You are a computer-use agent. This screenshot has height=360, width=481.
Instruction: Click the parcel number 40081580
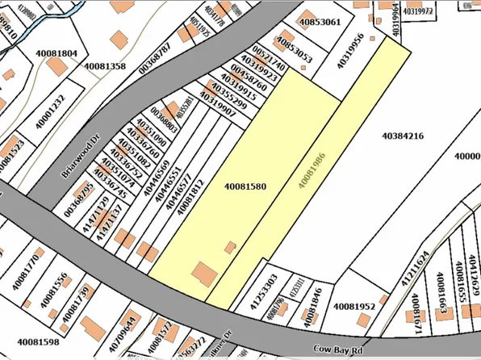click(x=245, y=186)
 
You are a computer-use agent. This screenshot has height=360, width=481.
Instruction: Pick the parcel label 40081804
click(x=56, y=54)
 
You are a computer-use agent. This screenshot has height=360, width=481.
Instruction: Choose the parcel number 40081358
click(x=104, y=65)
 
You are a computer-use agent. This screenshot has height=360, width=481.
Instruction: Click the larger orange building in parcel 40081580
click(x=203, y=274)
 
